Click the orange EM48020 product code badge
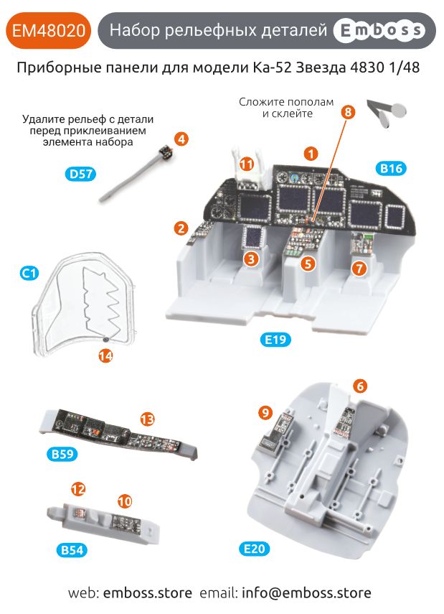(x=49, y=30)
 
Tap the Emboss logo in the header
(x=379, y=30)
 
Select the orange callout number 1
(x=311, y=153)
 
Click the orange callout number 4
(x=182, y=139)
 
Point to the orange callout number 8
(x=348, y=112)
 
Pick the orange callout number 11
(x=246, y=164)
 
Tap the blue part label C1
(x=29, y=273)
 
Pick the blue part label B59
(x=64, y=454)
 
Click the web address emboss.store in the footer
(x=148, y=593)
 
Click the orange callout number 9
(x=265, y=412)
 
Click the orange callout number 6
(x=360, y=386)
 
